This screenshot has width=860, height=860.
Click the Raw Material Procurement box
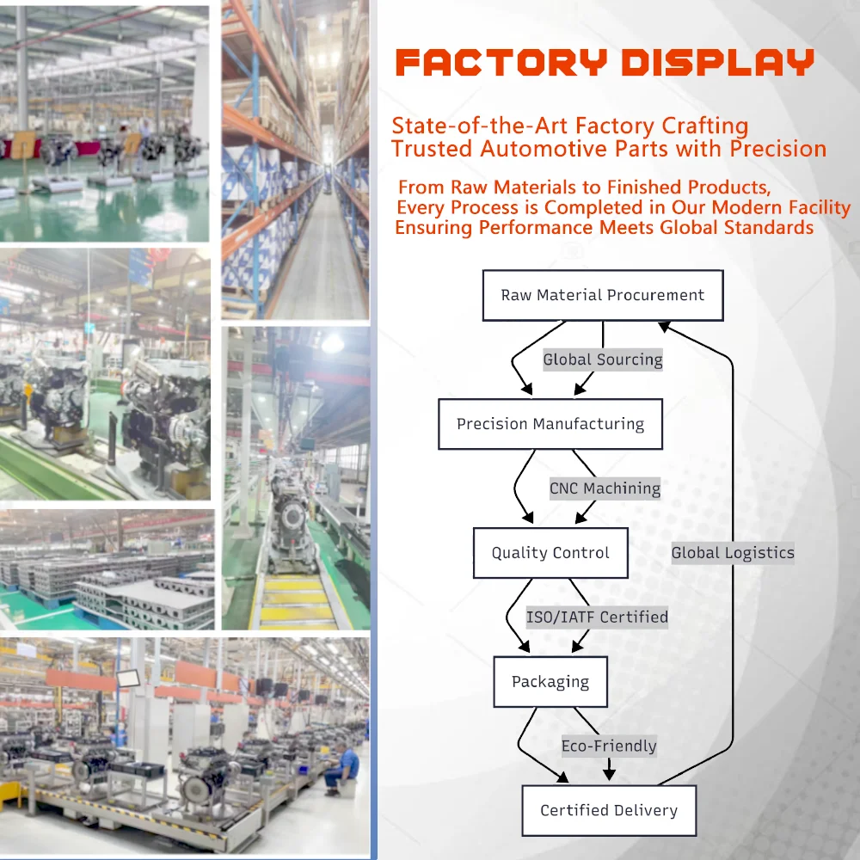pyautogui.click(x=602, y=295)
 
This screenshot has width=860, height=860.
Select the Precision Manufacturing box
pyautogui.click(x=550, y=424)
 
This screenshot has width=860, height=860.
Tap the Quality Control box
pyautogui.click(x=550, y=553)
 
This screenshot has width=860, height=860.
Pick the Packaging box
pyautogui.click(x=550, y=682)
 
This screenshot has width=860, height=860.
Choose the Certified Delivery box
pyautogui.click(x=609, y=810)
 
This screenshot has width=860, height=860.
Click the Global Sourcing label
pyautogui.click(x=603, y=359)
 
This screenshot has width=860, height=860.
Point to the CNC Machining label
pyautogui.click(x=605, y=488)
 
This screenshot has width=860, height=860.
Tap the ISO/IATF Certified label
pyautogui.click(x=597, y=617)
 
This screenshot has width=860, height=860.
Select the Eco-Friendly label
pyautogui.click(x=609, y=746)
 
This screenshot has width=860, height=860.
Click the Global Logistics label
pyautogui.click(x=733, y=553)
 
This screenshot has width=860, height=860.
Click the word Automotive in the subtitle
pyautogui.click(x=538, y=149)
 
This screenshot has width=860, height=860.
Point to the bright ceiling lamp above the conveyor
pyautogui.click(x=332, y=343)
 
